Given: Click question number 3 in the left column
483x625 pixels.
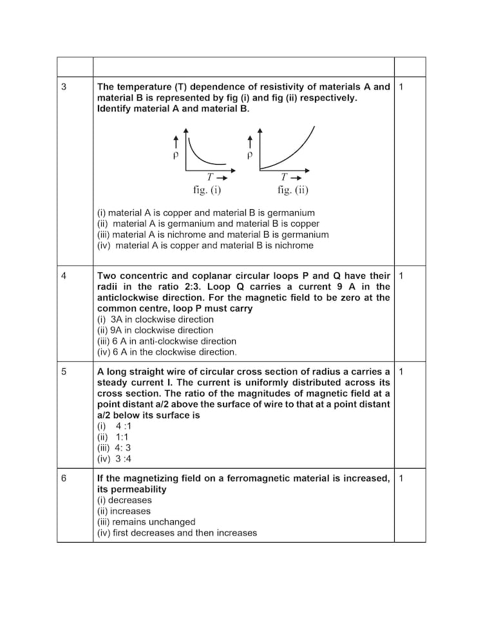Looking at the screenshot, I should tap(64, 87).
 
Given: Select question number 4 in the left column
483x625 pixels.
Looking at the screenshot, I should tap(64, 275).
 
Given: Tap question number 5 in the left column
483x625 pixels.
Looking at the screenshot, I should tap(64, 371).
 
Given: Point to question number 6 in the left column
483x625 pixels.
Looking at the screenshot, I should tap(64, 478).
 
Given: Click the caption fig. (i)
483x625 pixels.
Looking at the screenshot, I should tap(207, 190).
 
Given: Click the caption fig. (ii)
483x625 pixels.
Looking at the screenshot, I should tap(293, 190).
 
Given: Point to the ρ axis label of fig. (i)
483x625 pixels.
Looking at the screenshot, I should tap(175, 156).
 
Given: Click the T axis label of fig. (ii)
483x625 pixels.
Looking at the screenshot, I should tap(284, 177).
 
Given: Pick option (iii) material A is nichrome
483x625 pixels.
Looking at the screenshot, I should tap(213, 234).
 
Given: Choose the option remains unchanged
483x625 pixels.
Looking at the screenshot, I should tap(146, 522).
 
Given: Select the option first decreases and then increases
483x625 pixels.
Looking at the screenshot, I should tap(176, 533).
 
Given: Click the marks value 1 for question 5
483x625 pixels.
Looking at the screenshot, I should tap(401, 371).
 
